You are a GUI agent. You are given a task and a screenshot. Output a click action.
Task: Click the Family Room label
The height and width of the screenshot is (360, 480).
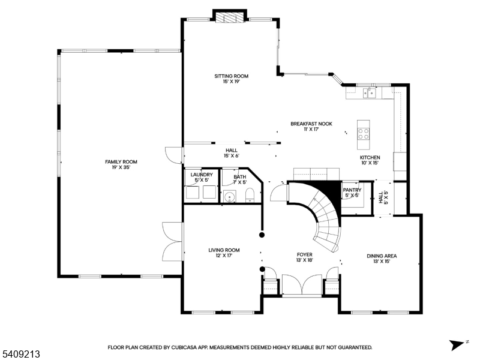pos(121,161)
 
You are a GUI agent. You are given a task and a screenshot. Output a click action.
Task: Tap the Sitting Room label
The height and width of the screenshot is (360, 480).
pos(232,76)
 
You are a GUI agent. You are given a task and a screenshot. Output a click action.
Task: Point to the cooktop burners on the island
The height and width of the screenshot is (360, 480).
pos(364,130)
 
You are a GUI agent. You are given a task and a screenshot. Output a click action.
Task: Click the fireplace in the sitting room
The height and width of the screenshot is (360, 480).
pos(232,18)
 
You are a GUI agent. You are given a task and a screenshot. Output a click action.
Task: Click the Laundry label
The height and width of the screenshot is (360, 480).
pos(202,175)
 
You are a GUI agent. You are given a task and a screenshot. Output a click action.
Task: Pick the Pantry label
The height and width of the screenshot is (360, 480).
pos(352,190)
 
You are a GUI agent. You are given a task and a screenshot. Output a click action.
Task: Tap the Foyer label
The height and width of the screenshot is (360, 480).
pos(304,254)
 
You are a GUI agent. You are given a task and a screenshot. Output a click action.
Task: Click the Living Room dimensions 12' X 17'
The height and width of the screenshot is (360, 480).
pos(224,256)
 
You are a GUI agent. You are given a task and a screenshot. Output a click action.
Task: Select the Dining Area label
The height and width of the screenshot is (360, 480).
pos(382,256)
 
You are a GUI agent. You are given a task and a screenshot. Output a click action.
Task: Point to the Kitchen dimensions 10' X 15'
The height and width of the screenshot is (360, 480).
pos(370,163)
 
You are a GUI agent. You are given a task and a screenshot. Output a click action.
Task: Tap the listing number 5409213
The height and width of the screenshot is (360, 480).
pos(21,355)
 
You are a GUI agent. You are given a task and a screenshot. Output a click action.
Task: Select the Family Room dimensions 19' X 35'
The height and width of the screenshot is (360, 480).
pos(121,167)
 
